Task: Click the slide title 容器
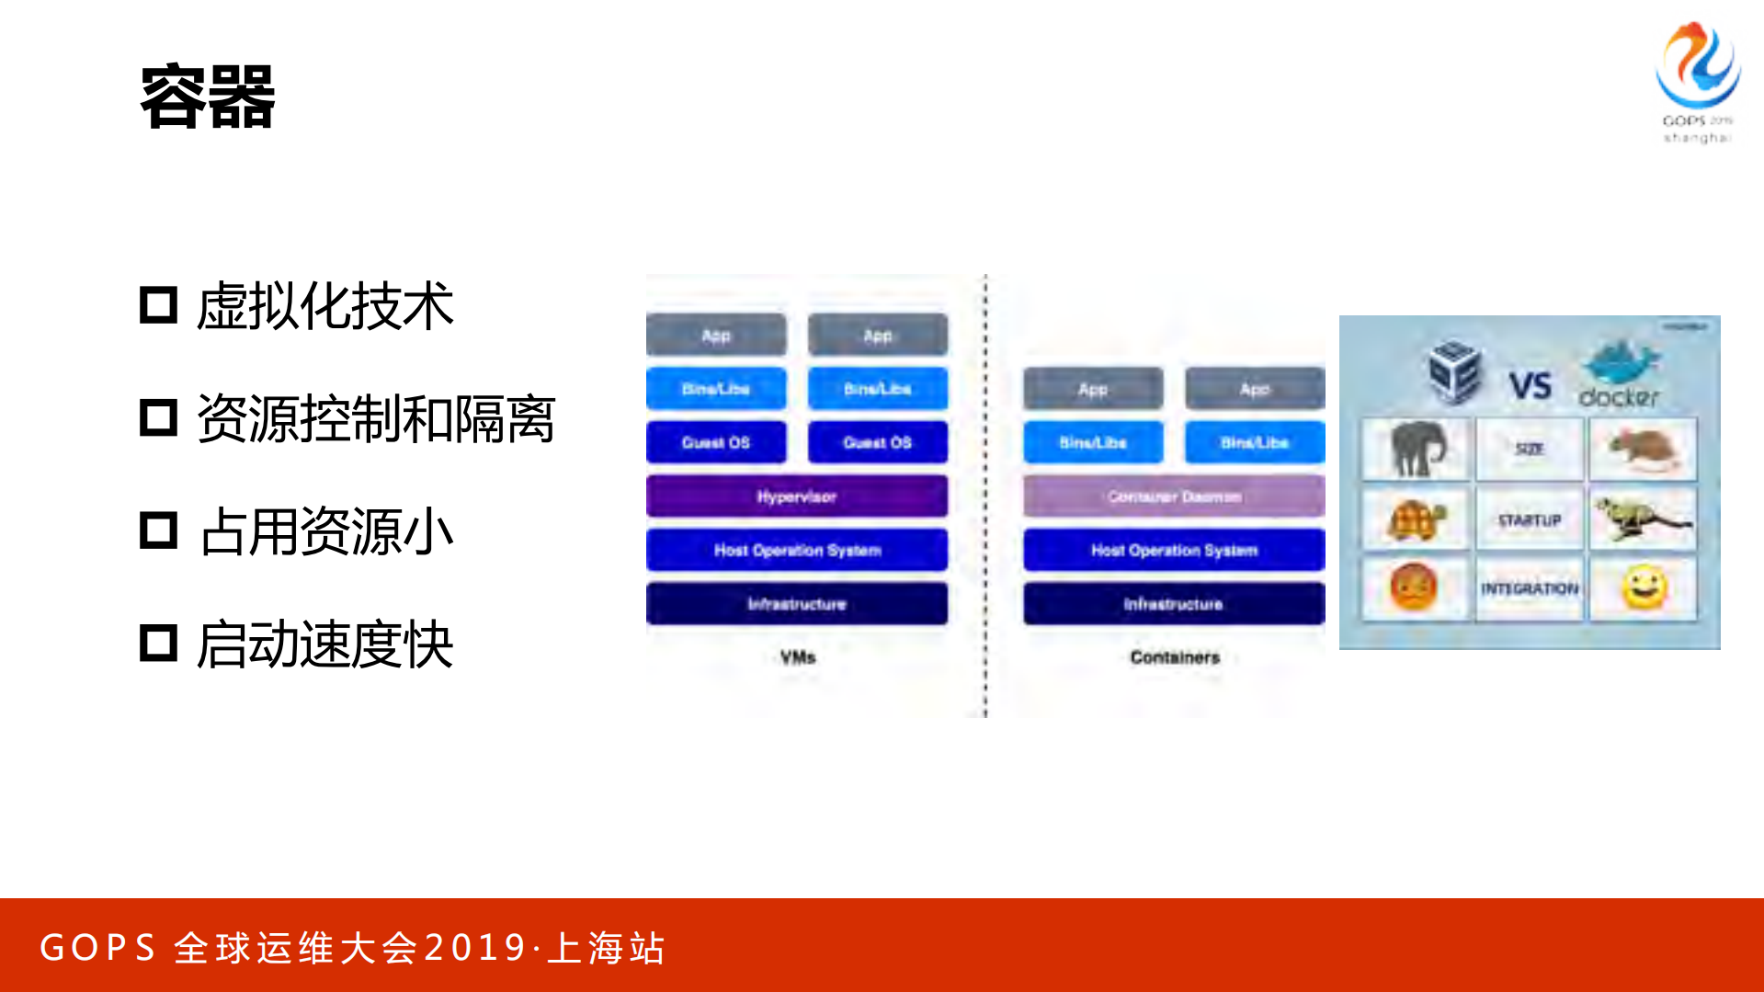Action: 208,97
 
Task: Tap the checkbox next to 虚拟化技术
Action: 158,305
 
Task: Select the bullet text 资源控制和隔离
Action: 375,419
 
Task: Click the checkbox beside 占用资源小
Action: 158,531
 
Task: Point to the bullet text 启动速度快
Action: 324,644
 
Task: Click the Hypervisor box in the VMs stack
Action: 796,496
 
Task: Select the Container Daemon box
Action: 1174,496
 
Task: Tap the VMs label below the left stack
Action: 797,657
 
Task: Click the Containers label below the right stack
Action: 1174,657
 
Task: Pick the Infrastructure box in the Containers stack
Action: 1174,604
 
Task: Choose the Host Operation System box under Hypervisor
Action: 796,550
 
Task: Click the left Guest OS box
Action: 716,442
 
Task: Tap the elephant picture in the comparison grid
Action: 1416,449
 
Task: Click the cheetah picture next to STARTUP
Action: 1643,519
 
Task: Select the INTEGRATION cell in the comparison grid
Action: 1529,588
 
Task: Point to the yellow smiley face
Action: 1644,588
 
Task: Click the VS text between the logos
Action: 1530,385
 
